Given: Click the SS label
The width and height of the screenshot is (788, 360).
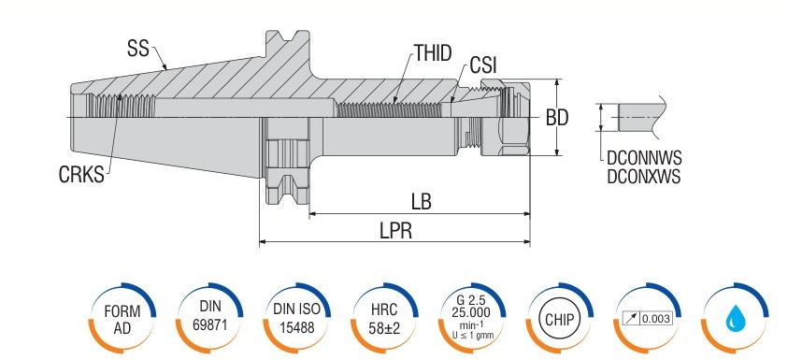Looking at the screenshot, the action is pyautogui.click(x=138, y=50).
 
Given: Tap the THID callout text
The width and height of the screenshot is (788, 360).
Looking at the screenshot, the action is pyautogui.click(x=433, y=52).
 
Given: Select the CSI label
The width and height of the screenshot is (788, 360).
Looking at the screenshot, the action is pyautogui.click(x=483, y=65).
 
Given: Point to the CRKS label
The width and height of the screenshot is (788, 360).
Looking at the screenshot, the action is pyautogui.click(x=81, y=175).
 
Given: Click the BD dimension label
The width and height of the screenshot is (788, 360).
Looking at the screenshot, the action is pyautogui.click(x=557, y=118).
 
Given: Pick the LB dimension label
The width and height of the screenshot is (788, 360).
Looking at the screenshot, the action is pyautogui.click(x=422, y=202).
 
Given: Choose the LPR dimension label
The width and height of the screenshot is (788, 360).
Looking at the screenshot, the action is pyautogui.click(x=396, y=231).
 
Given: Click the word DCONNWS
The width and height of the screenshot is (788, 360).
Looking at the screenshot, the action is pyautogui.click(x=644, y=158).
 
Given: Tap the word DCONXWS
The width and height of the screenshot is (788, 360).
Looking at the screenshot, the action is pyautogui.click(x=644, y=177).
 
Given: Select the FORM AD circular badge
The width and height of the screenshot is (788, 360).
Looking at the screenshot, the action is pyautogui.click(x=122, y=319).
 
